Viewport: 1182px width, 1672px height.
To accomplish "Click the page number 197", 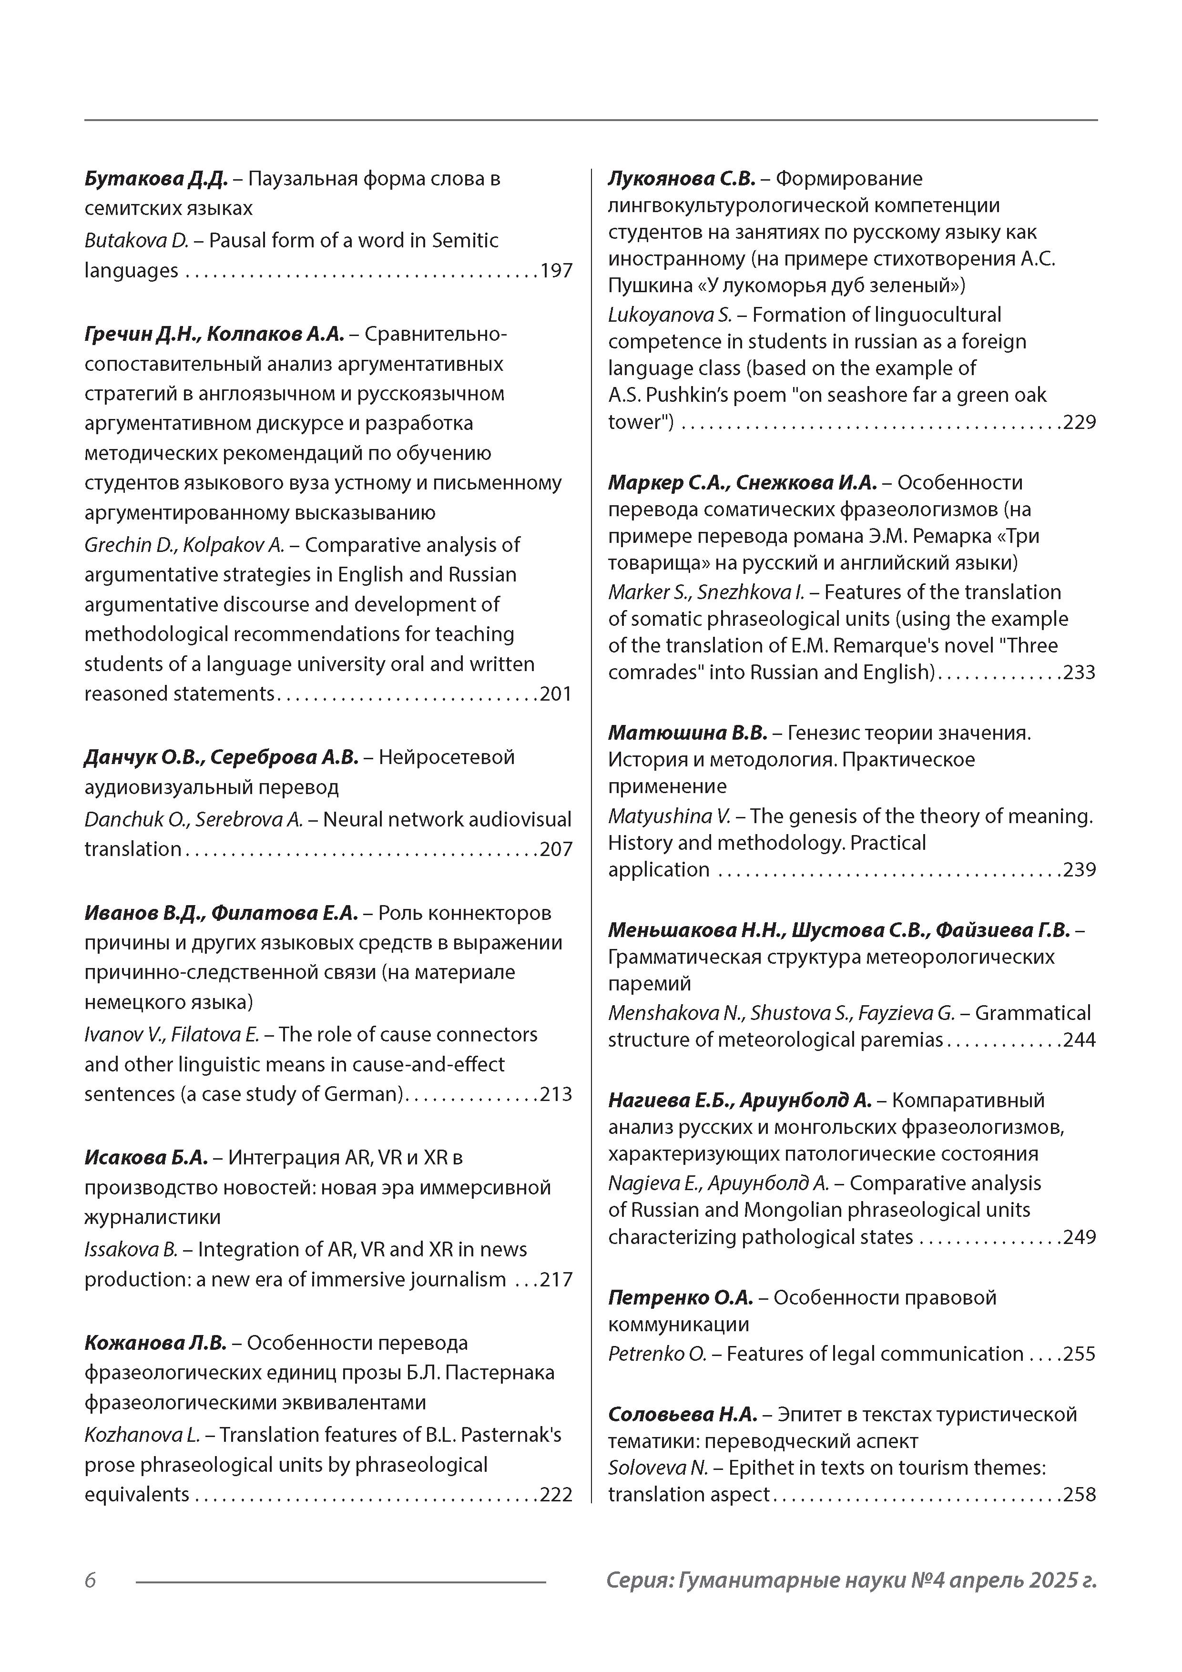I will point(556,271).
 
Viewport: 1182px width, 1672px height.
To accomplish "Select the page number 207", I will point(556,850).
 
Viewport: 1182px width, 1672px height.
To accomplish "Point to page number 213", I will point(556,1094).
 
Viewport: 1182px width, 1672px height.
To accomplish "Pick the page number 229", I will point(1080,422).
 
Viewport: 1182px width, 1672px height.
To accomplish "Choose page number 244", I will point(1080,1040).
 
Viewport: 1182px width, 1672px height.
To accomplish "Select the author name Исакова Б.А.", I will point(146,1158).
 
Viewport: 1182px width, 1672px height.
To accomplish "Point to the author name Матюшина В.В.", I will point(687,733).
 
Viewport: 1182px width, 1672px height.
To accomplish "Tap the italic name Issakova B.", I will point(131,1250).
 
